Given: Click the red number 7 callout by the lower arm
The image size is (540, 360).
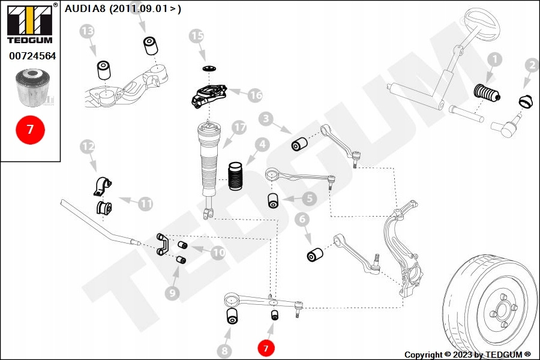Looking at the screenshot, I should coord(266,347).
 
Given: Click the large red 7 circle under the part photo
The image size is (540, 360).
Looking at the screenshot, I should coord(31,129).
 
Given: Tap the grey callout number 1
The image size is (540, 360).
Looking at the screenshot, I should coord(494,60).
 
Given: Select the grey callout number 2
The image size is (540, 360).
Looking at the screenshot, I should coord(532,66).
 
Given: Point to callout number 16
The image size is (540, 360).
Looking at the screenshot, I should coord(254,95).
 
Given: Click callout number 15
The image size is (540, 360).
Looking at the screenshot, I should coord(197,37).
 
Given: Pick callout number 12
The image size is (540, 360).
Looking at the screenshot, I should coord(88,146).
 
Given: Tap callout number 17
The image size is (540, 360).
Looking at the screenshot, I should coord(239,128).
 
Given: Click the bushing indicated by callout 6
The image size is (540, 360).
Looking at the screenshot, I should coord(315,255).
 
